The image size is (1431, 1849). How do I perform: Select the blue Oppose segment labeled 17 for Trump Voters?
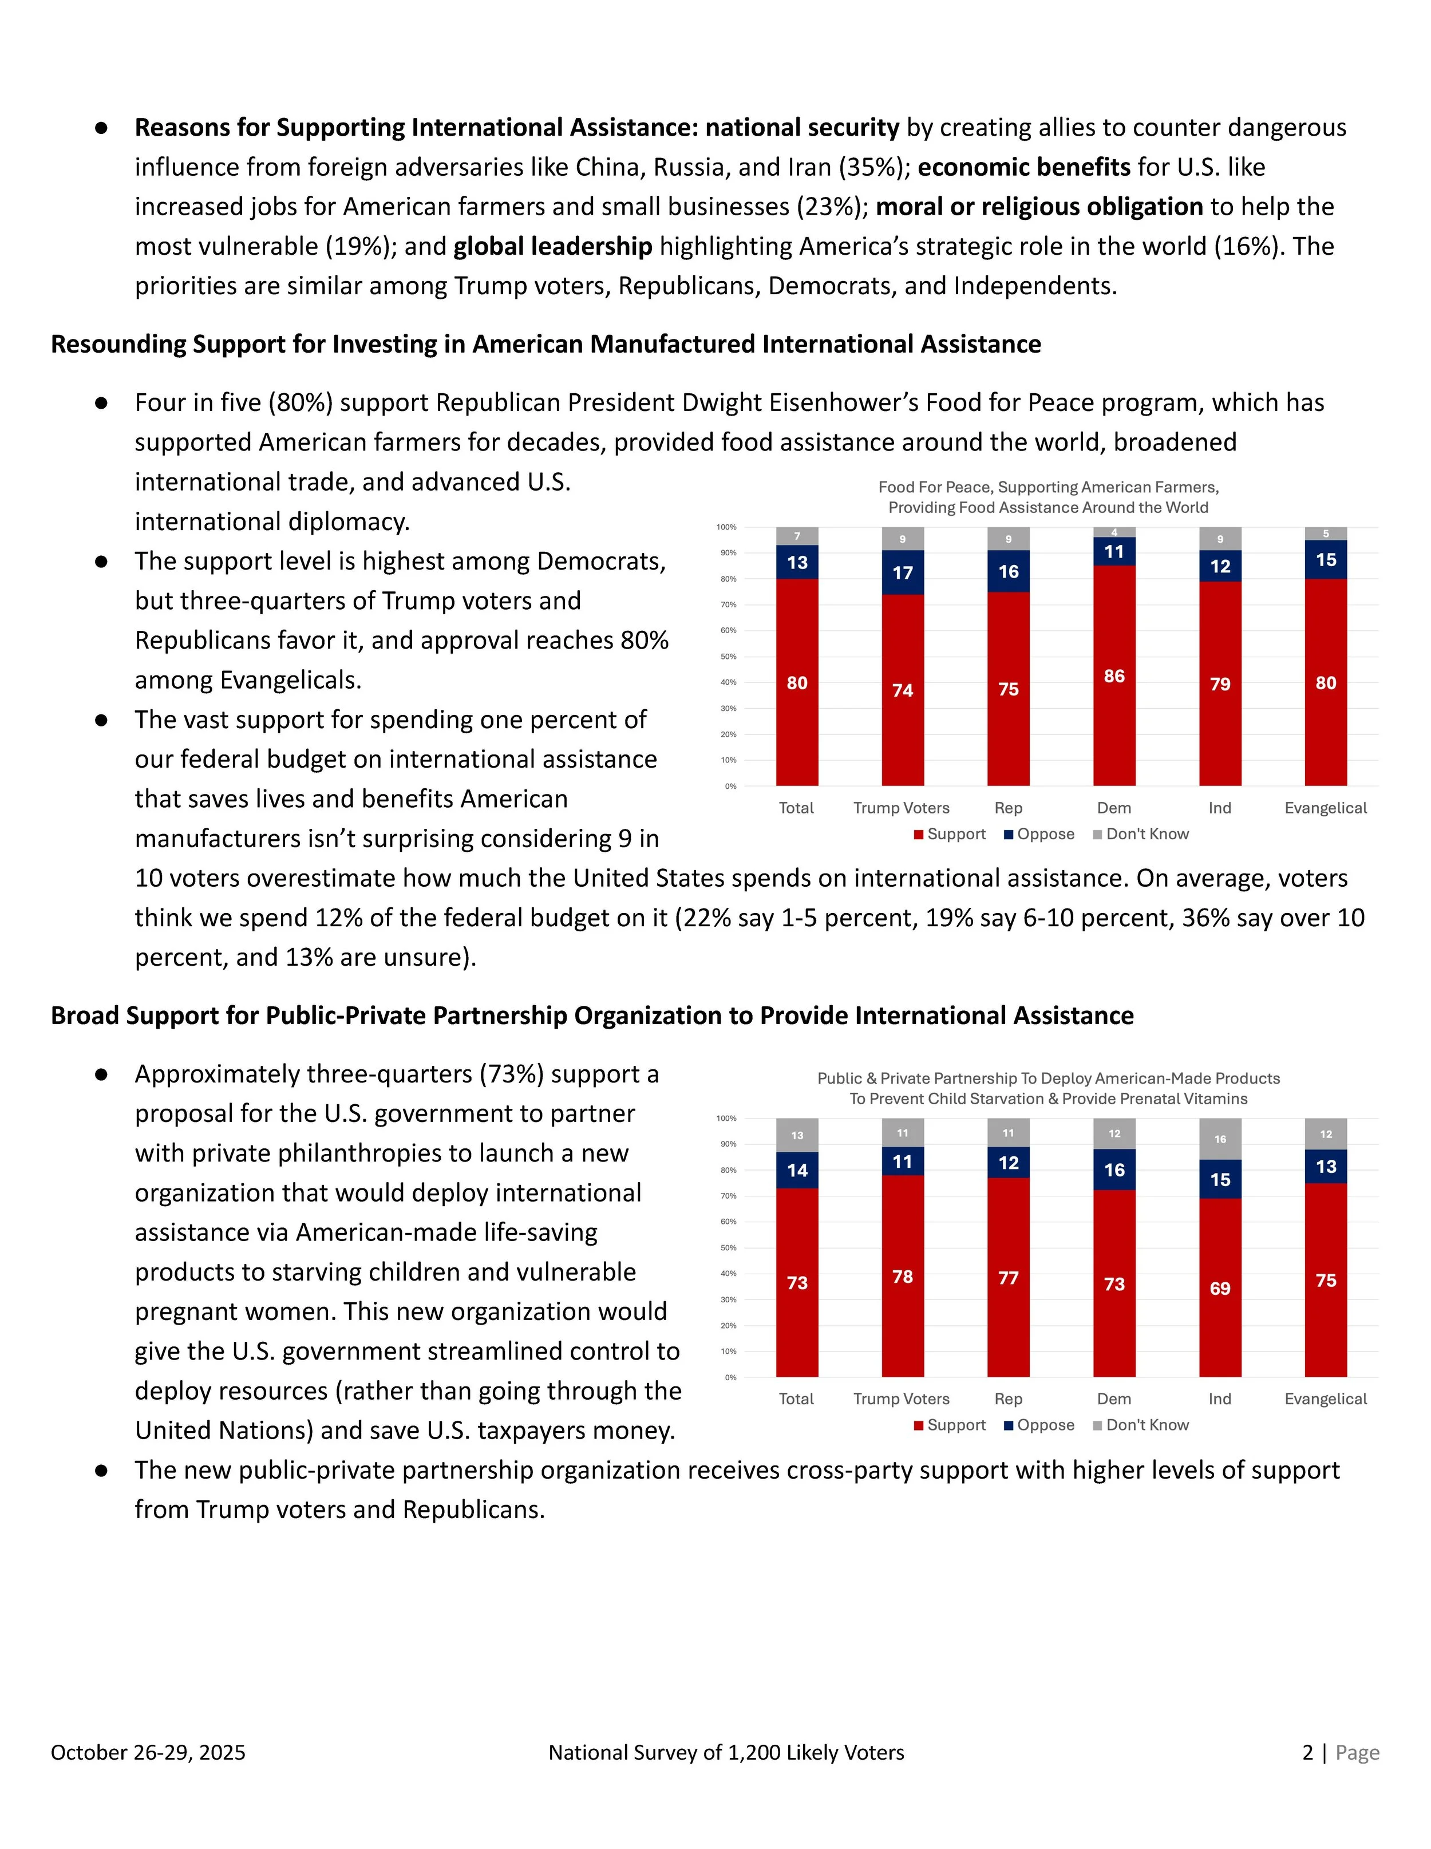[x=903, y=572]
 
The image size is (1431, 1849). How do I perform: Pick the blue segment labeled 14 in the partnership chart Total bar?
[x=797, y=1170]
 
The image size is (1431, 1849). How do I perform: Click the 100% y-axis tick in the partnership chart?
[x=726, y=1119]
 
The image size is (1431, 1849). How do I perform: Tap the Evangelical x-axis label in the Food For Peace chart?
[x=1325, y=808]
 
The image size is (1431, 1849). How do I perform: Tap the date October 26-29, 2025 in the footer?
[x=148, y=1752]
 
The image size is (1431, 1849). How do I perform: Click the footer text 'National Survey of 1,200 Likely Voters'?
[x=726, y=1752]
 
